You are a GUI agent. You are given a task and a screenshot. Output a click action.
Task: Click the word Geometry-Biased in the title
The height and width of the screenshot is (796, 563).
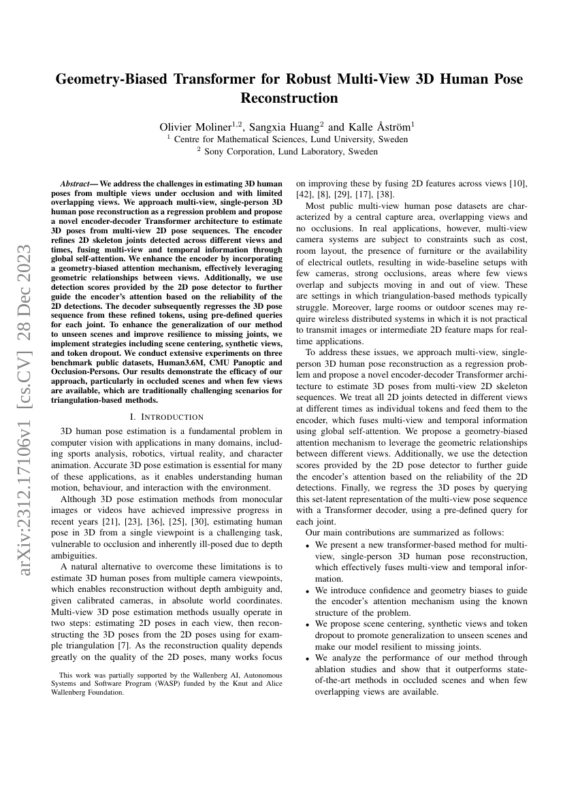(115, 79)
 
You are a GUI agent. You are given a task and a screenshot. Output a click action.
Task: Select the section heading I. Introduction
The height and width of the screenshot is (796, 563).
(166, 416)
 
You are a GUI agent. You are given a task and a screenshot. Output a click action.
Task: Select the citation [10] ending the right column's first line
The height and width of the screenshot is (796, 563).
(515, 184)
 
